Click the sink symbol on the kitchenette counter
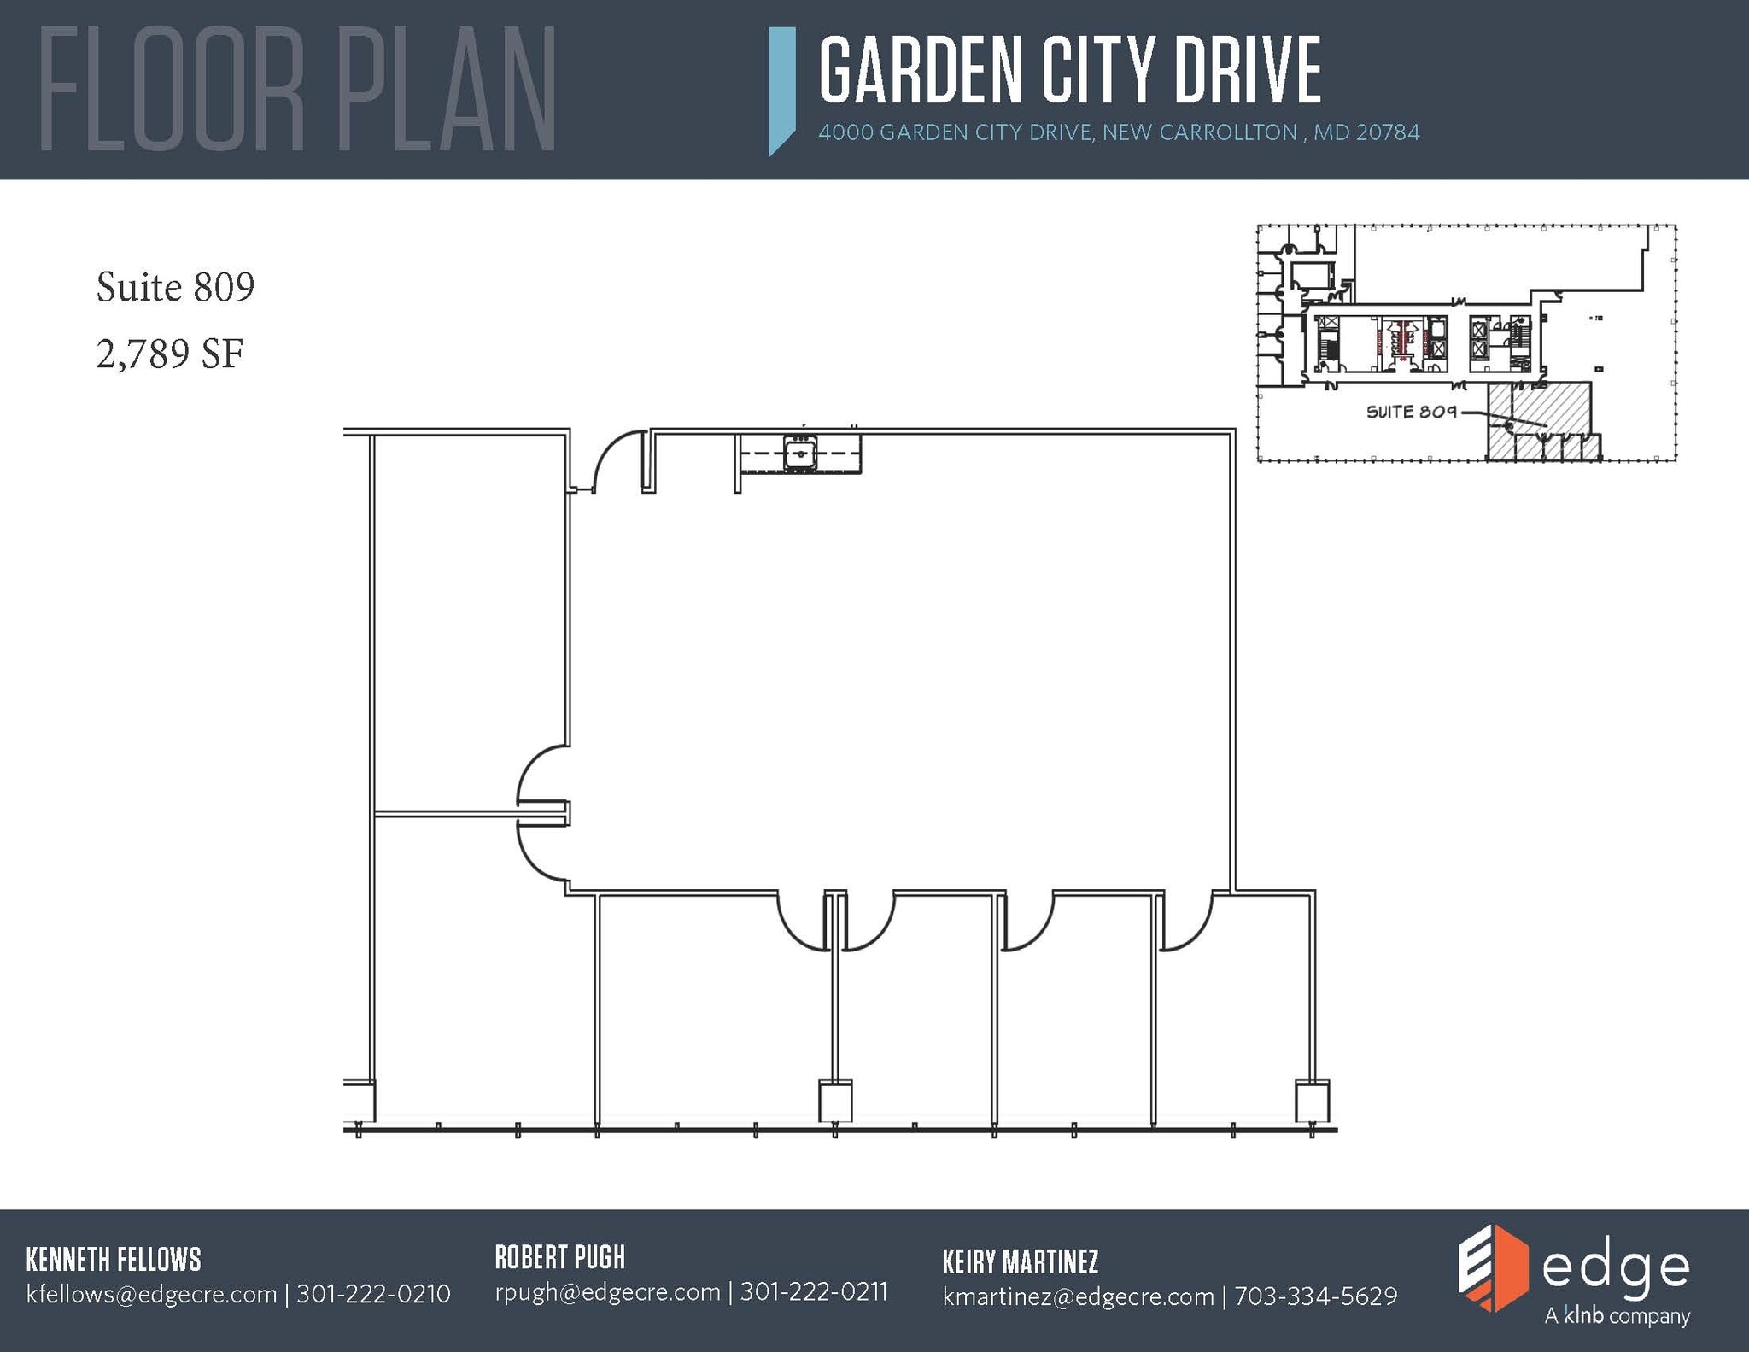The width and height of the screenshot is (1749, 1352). pyautogui.click(x=800, y=453)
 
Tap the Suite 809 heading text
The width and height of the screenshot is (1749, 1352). pyautogui.click(x=175, y=286)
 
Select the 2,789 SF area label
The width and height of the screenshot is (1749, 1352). pyautogui.click(x=170, y=354)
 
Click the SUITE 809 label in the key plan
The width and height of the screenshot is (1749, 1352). pyautogui.click(x=1411, y=412)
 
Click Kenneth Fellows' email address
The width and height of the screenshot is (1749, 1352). pyautogui.click(x=151, y=1294)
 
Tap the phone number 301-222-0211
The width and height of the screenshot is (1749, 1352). pyautogui.click(x=813, y=1291)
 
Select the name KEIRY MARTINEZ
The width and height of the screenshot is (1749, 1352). pyautogui.click(x=1020, y=1261)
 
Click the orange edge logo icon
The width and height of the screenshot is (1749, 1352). pyautogui.click(x=1491, y=1267)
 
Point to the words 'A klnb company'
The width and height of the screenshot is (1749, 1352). pyautogui.click(x=1617, y=1316)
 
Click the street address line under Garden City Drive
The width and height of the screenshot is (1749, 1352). pyautogui.click(x=1118, y=132)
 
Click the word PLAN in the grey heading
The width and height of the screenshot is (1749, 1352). pyautogui.click(x=445, y=90)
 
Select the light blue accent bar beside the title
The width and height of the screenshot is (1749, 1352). pyautogui.click(x=781, y=90)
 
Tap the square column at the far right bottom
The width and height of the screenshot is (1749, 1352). pyautogui.click(x=1312, y=1101)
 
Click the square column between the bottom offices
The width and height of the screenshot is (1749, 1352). pyautogui.click(x=835, y=1101)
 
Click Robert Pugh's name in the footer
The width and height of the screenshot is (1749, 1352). pyautogui.click(x=559, y=1257)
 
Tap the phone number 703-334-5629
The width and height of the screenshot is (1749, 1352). pyautogui.click(x=1315, y=1296)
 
